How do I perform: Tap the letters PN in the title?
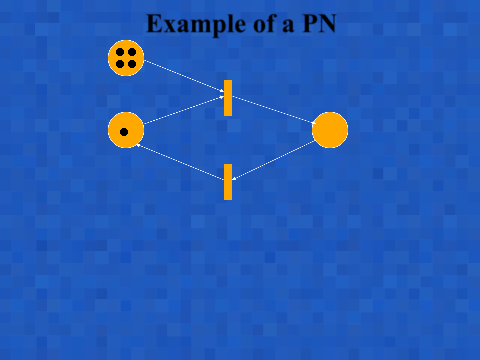pos(319,24)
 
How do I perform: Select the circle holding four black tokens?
pos(126,58)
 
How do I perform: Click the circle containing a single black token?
pos(126,130)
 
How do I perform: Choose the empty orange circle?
pos(330,130)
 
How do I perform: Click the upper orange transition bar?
pos(228,98)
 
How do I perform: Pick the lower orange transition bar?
pos(228,182)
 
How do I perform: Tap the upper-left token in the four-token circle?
pos(120,52)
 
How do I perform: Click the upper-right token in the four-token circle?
pos(132,52)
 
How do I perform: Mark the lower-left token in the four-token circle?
pos(120,64)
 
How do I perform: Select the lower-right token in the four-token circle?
pos(132,64)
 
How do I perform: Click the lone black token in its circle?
pos(124,132)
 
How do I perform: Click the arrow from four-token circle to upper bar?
pos(183,76)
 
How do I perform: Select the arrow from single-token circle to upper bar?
pos(183,110)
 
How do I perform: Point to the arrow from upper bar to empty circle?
pos(273,110)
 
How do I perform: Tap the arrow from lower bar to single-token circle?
pos(180,162)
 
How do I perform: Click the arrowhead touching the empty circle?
pos(314,123)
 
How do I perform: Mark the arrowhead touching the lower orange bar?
pos(234,179)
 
